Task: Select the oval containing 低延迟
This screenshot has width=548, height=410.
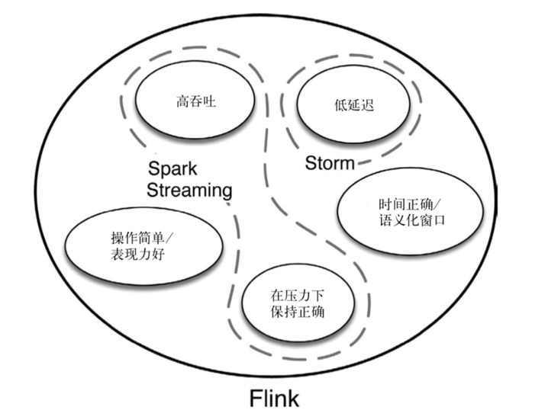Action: (353, 106)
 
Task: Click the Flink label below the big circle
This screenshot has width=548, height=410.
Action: (274, 397)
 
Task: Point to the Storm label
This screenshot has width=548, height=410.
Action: (330, 163)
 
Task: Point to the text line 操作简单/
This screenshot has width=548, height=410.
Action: (143, 238)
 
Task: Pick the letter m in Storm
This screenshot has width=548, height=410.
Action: (348, 163)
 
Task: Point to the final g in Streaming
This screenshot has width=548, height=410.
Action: (226, 191)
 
